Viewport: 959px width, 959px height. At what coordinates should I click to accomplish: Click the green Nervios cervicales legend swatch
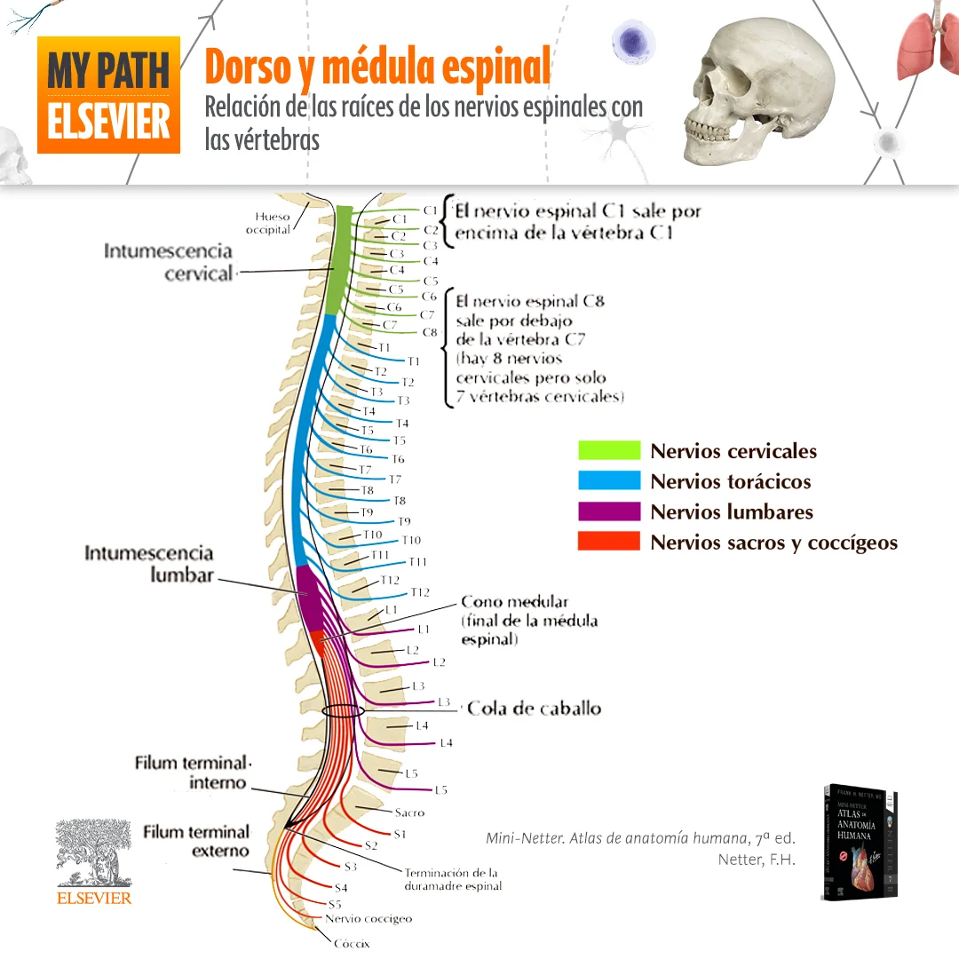608,450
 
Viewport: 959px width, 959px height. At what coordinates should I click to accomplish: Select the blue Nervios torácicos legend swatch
608,480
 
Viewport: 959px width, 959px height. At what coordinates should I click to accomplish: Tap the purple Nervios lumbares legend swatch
608,511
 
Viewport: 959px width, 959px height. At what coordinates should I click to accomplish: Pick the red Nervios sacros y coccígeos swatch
608,541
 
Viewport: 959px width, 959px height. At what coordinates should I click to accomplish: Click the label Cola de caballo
534,708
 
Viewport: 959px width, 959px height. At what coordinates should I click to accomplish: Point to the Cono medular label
514,602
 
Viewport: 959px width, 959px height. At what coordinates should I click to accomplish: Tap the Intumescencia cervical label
168,262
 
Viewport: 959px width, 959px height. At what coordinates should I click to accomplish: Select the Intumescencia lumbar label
149,564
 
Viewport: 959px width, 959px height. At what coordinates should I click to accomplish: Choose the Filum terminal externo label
196,842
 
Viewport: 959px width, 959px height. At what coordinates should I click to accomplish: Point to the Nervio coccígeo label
369,919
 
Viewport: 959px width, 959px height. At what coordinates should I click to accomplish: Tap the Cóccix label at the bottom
352,944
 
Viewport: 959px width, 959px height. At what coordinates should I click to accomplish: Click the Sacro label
409,812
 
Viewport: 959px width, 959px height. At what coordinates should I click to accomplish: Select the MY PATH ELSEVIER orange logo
108,95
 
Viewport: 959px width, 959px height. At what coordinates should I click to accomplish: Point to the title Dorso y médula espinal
377,67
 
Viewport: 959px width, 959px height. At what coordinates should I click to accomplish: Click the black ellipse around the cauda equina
343,710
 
